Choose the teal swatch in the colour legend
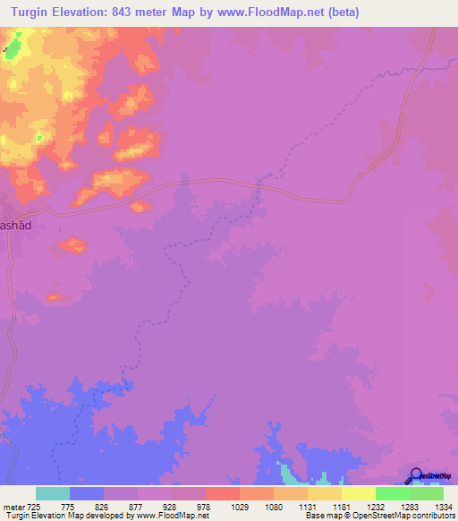point(53,493)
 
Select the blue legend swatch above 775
point(87,493)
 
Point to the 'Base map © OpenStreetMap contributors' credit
point(379,516)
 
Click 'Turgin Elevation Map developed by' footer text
point(64,516)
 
